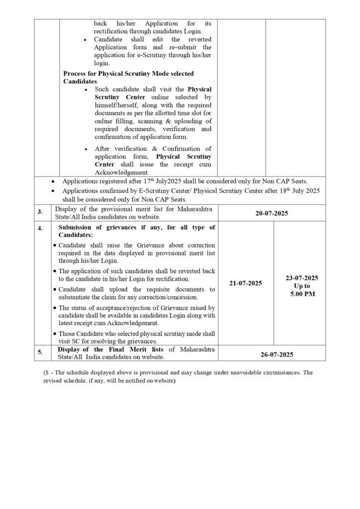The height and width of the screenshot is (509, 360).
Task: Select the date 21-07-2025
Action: pos(246,283)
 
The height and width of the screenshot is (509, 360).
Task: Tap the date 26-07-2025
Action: pos(271,354)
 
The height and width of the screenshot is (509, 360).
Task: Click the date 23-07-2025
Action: pos(299,278)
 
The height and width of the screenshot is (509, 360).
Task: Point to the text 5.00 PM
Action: pos(299,294)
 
